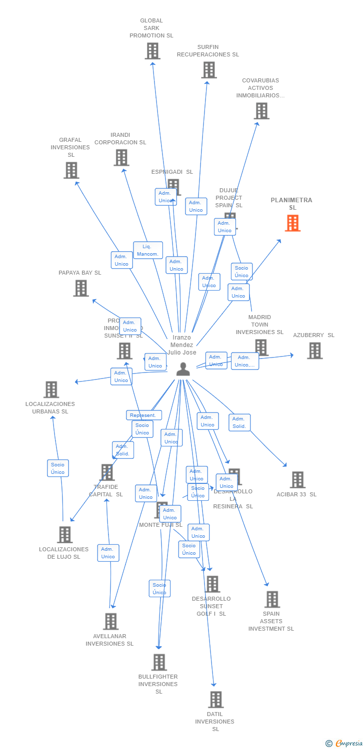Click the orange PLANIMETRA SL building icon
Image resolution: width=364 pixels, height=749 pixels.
(292, 223)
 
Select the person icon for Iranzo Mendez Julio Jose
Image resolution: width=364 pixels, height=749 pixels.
(183, 369)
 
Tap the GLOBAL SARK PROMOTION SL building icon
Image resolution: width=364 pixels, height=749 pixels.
(152, 51)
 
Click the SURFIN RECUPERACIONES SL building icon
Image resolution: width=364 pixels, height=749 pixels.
(209, 70)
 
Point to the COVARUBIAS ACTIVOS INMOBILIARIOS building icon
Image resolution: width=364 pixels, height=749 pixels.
(261, 111)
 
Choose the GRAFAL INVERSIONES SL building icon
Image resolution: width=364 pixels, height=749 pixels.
(71, 170)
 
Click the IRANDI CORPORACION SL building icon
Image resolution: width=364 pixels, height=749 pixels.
(121, 158)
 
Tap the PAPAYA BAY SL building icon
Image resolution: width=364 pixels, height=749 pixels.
(81, 288)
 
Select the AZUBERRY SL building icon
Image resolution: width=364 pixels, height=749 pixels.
(314, 351)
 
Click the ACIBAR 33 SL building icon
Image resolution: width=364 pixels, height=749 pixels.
(297, 480)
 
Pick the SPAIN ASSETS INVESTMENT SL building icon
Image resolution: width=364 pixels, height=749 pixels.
(272, 599)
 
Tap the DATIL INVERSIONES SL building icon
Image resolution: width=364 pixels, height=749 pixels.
(215, 700)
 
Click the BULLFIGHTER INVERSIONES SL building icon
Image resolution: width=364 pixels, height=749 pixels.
(159, 662)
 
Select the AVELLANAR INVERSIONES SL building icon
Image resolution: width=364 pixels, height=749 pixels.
(110, 622)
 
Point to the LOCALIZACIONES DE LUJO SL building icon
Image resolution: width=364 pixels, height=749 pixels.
(64, 535)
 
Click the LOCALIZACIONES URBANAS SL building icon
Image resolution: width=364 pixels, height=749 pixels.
(51, 389)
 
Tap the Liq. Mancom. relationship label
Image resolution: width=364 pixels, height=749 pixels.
(148, 250)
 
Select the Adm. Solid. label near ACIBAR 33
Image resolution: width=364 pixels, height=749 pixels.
(239, 422)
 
